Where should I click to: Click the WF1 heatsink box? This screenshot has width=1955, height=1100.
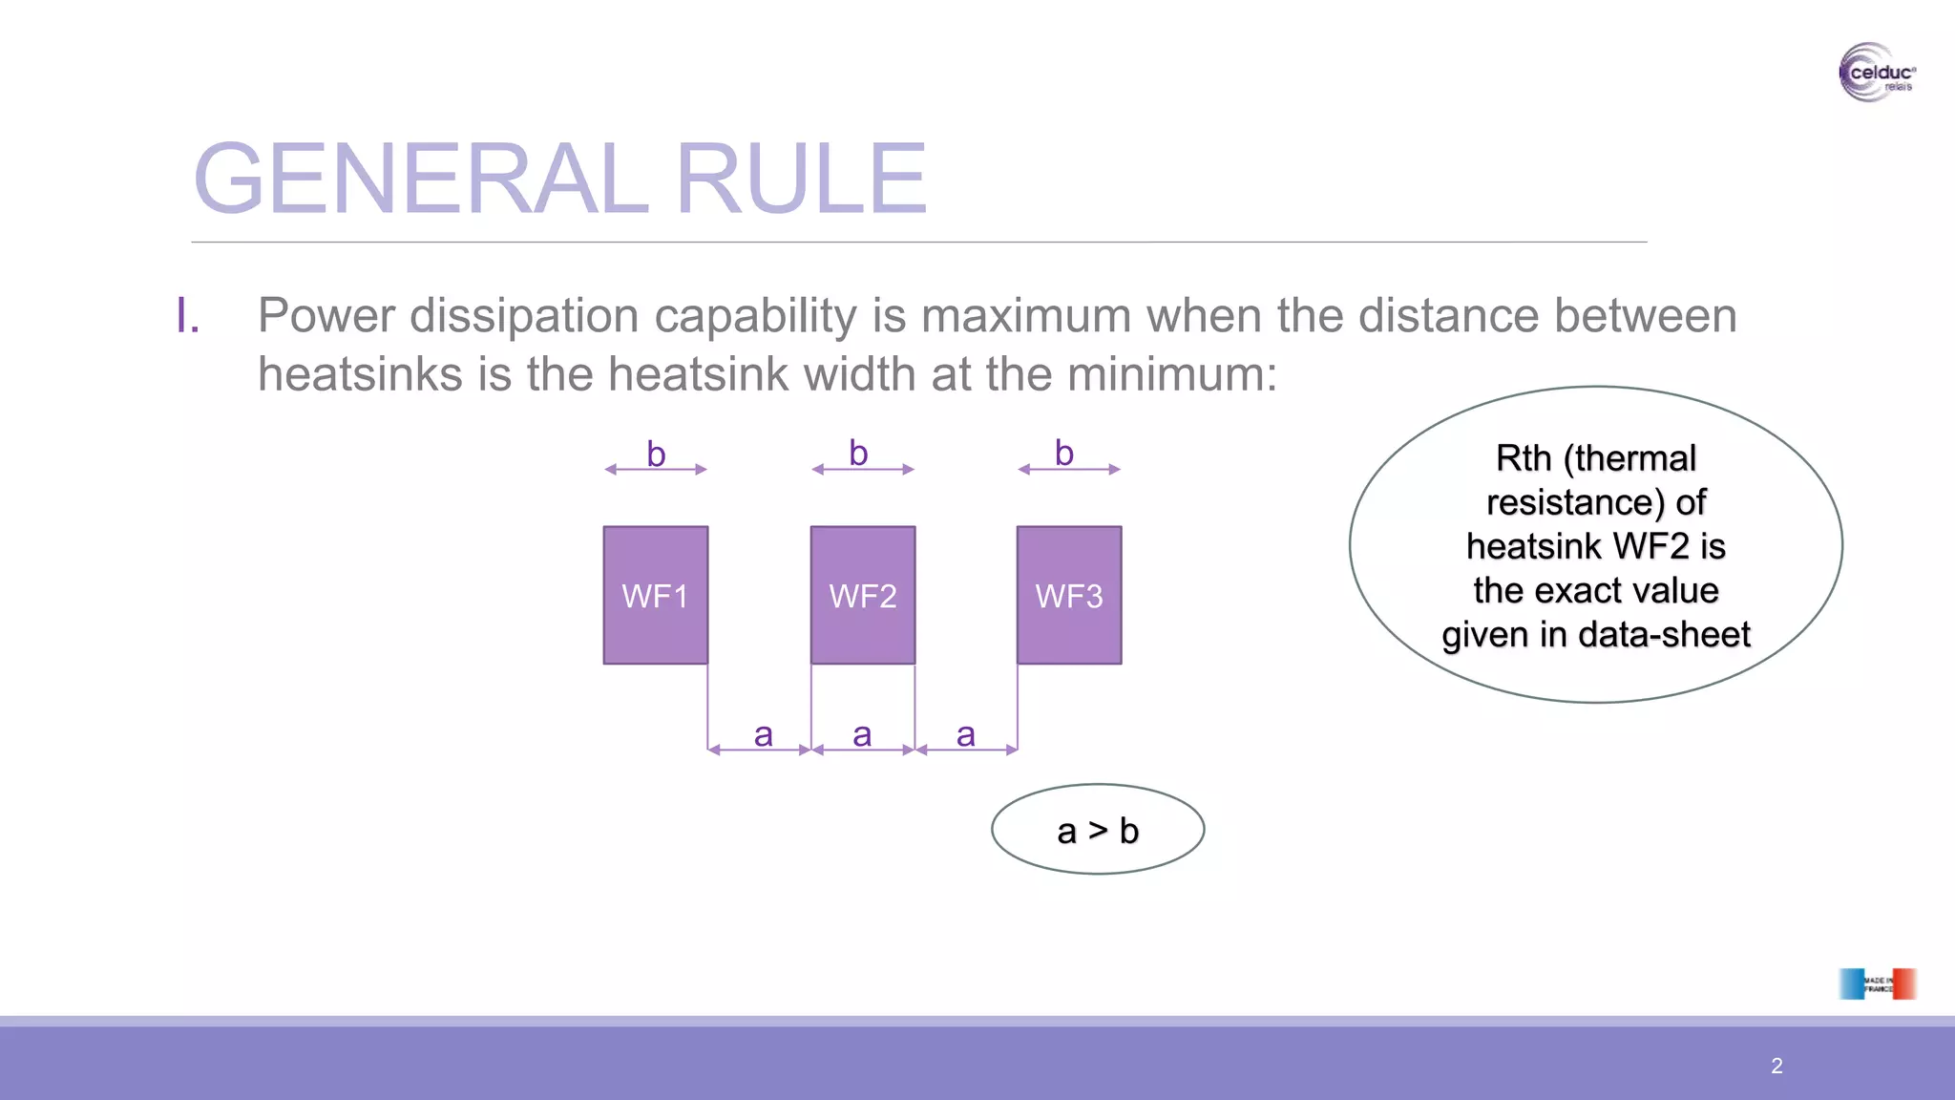[x=656, y=595]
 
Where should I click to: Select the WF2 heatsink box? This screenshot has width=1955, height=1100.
[x=863, y=595]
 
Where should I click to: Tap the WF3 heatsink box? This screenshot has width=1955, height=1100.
[x=1069, y=595]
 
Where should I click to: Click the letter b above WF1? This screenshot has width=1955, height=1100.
[x=656, y=455]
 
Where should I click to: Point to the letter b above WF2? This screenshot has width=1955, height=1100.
[x=858, y=454]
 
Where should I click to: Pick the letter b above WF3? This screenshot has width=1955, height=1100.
[x=1064, y=454]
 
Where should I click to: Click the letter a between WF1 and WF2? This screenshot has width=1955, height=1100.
[x=763, y=735]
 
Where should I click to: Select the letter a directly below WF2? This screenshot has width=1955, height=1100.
[x=862, y=735]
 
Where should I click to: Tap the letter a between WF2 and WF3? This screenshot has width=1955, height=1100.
[x=966, y=735]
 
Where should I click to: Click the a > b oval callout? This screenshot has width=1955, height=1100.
[x=1098, y=830]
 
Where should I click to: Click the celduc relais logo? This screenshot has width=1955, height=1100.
[x=1877, y=73]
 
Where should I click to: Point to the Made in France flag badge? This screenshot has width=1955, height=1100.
[x=1877, y=984]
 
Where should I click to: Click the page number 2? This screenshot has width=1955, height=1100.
[x=1776, y=1066]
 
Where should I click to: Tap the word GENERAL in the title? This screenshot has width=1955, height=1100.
[x=421, y=179]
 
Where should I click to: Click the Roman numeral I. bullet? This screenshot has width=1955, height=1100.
[x=188, y=316]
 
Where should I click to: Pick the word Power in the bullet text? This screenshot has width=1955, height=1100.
[x=326, y=316]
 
